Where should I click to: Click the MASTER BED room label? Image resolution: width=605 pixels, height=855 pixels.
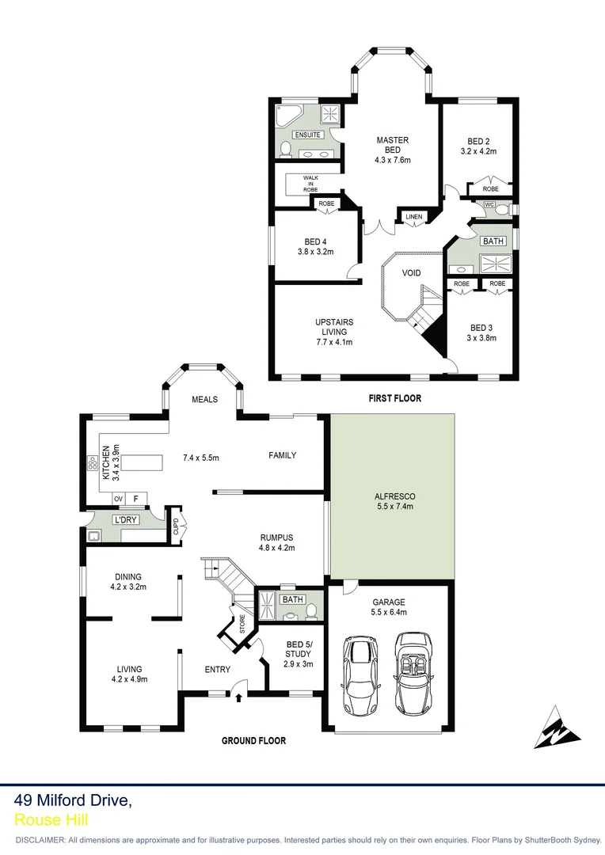[x=393, y=145]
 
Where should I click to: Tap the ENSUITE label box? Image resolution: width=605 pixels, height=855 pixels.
[x=307, y=135]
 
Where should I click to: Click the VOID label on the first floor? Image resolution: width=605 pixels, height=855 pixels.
[x=411, y=273]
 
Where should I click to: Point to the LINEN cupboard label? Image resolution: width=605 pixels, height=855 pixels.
[x=413, y=217]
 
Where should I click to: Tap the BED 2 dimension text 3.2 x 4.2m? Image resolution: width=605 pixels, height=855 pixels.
[x=478, y=150]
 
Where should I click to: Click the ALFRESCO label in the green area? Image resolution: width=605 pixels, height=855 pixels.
[x=394, y=496]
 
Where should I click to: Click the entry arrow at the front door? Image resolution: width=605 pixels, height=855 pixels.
[x=238, y=697]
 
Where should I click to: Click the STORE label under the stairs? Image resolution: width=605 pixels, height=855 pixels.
[x=233, y=623]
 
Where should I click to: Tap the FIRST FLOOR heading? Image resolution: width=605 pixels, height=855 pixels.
[x=394, y=398]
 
